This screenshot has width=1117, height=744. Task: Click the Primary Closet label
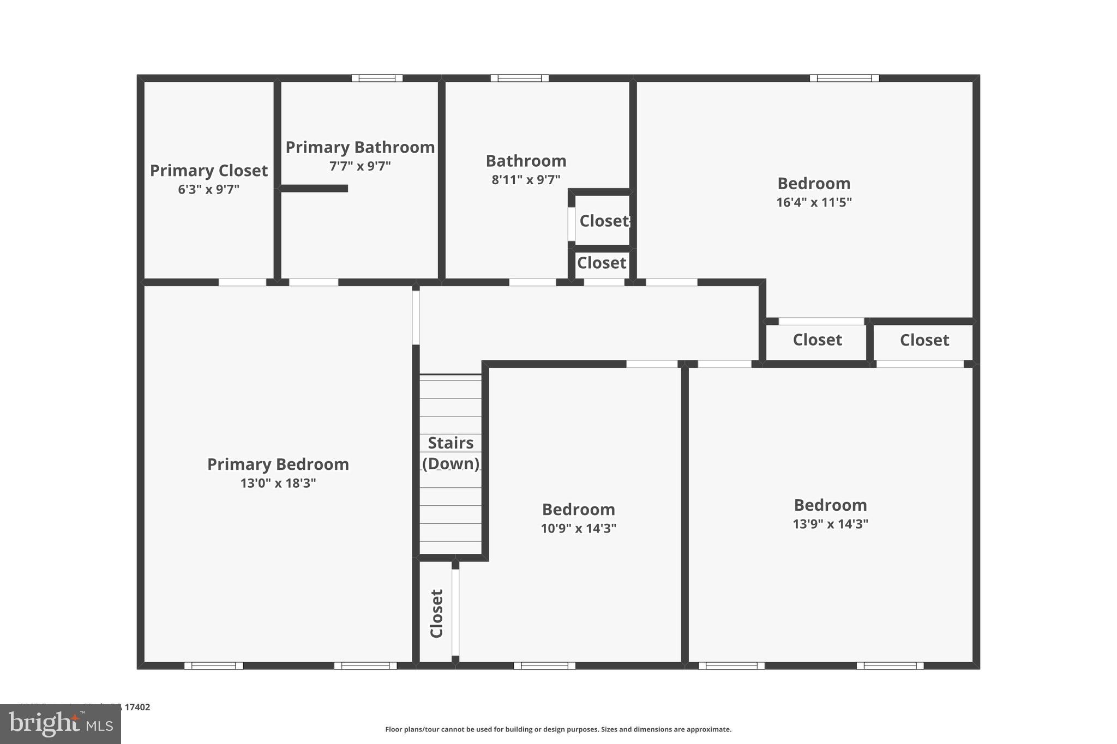click(x=209, y=171)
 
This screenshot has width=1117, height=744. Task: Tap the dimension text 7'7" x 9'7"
click(x=360, y=166)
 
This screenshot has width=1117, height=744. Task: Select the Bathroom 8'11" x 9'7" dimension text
click(x=526, y=180)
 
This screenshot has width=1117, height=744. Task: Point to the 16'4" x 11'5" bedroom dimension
click(x=814, y=203)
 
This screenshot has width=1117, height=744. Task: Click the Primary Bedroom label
click(x=278, y=464)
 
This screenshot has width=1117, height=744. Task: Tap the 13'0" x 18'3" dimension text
click(x=278, y=483)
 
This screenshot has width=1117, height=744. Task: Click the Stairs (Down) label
click(x=451, y=453)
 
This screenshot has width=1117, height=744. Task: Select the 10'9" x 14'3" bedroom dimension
click(x=578, y=529)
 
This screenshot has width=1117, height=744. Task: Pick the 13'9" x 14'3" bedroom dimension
click(x=830, y=524)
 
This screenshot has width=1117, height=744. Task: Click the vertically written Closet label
click(x=437, y=613)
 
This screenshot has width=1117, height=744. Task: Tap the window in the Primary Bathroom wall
click(x=377, y=78)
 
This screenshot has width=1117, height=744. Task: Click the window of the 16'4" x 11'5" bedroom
click(x=844, y=78)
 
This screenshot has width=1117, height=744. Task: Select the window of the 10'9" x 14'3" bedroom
click(x=544, y=666)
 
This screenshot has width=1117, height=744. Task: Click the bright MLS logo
click(x=61, y=724)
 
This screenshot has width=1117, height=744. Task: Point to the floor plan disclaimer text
click(x=558, y=729)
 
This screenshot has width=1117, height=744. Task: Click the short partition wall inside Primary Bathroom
click(x=315, y=189)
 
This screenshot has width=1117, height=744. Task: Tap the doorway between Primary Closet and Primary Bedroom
click(x=242, y=282)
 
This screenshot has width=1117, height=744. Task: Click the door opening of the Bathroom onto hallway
click(x=532, y=282)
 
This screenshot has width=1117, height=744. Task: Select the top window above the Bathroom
click(x=519, y=78)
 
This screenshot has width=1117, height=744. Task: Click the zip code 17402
click(x=137, y=707)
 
